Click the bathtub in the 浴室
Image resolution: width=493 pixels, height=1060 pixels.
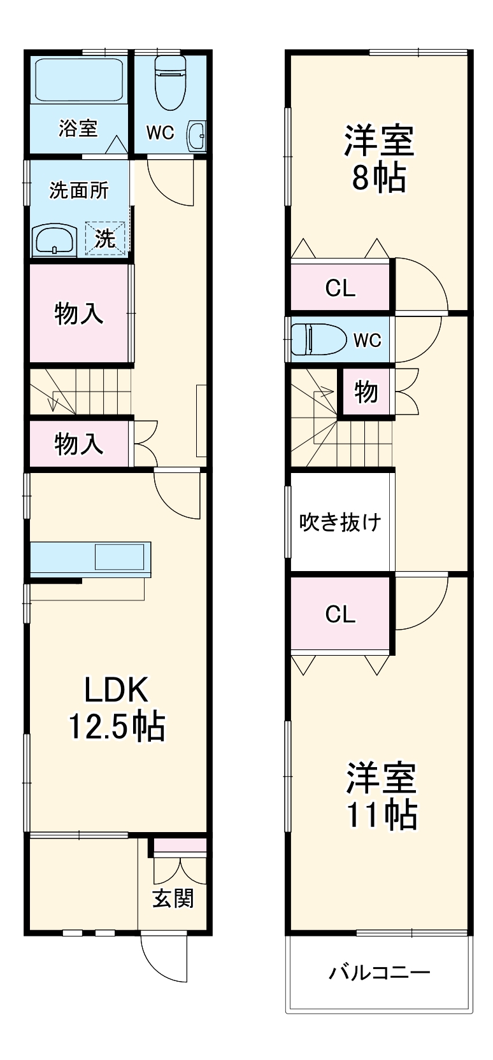pos(78,80)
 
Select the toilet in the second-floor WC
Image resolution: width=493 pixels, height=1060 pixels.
pos(318,339)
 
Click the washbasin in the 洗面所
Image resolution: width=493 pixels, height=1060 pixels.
pos(54,241)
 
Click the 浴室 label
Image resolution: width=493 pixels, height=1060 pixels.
pos(78,128)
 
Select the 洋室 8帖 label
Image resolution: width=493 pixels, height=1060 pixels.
pos(378,159)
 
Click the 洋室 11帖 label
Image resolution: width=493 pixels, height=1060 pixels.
pos(381,796)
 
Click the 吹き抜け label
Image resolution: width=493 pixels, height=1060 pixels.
pos(340,522)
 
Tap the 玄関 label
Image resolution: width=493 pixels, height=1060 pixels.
pos(173,898)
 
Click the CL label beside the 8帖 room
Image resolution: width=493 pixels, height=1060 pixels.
pos(340,288)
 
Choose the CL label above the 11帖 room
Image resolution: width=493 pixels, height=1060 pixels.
pos(340,614)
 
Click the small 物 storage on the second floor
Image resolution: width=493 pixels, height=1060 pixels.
pos(366,392)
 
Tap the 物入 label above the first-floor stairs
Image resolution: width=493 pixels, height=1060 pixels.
pos(78,313)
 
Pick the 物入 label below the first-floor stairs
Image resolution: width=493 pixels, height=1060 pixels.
pos(78,444)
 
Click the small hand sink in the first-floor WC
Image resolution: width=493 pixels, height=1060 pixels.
pos(196,134)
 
